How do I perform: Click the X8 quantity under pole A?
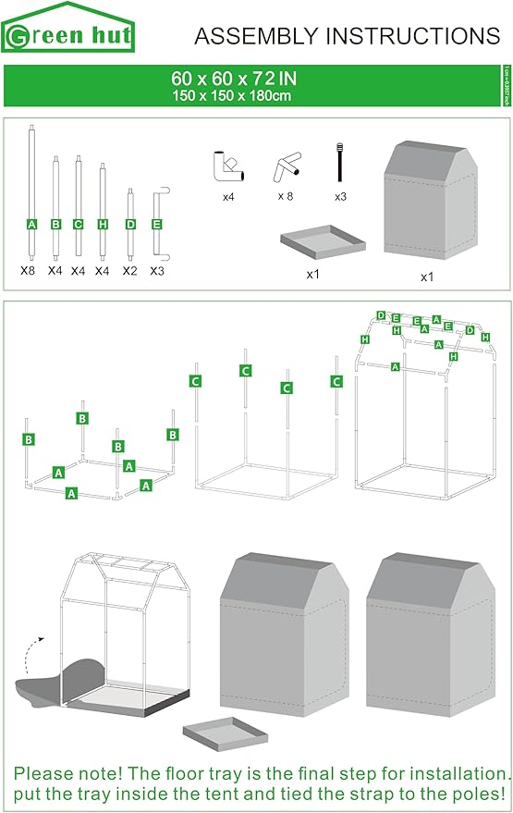(29, 271)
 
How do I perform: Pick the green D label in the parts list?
(130, 225)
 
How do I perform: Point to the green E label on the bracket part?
(156, 225)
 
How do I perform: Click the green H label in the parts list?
(103, 225)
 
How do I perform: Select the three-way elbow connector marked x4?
(226, 166)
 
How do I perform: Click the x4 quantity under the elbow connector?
(228, 197)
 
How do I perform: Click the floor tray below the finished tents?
(225, 733)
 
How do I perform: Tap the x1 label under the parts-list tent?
(427, 277)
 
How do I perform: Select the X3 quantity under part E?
(157, 271)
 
